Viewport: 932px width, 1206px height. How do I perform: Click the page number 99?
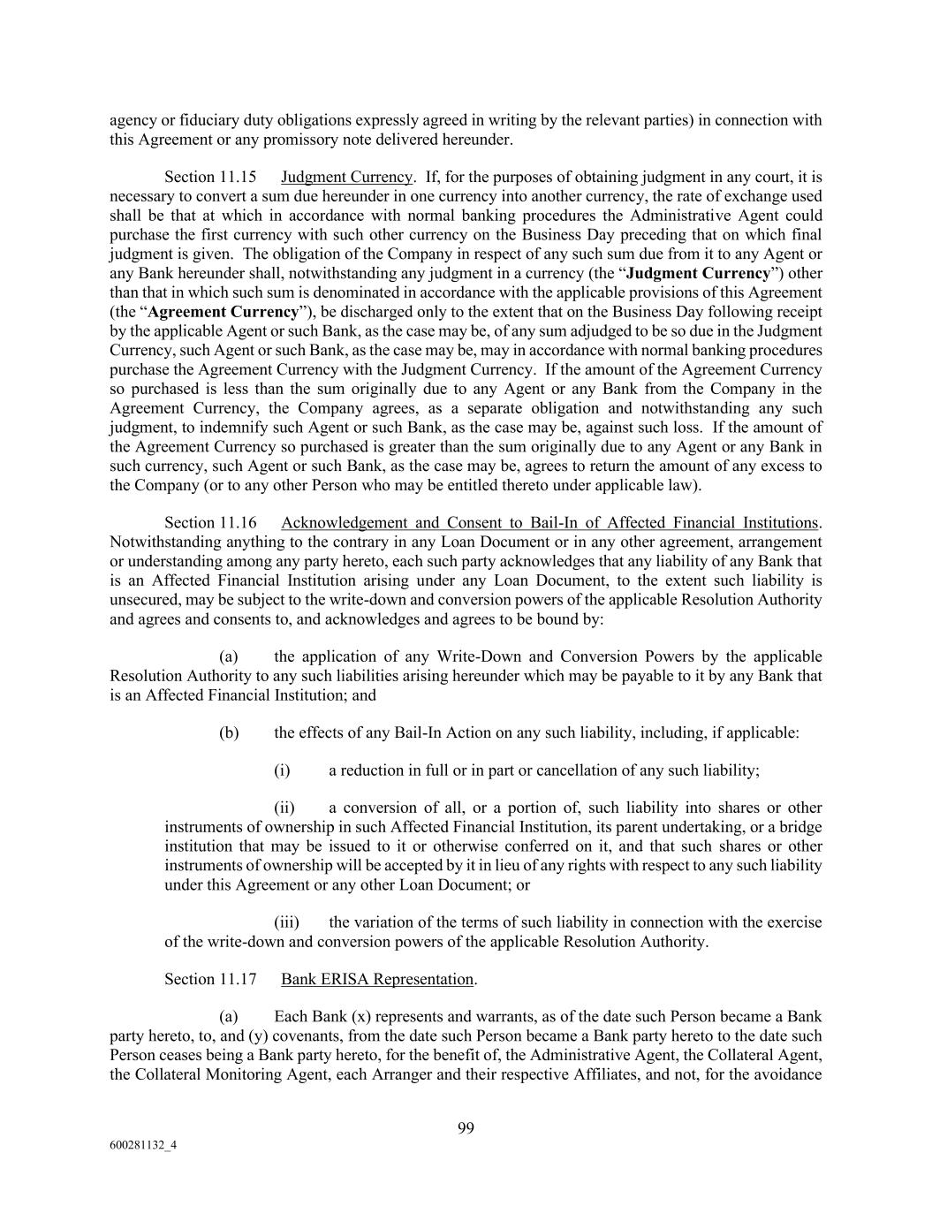[466, 1127]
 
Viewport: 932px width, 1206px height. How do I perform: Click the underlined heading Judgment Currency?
[346, 177]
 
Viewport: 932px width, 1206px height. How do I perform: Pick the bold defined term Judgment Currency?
[698, 273]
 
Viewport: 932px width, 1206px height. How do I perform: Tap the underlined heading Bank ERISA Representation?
[377, 979]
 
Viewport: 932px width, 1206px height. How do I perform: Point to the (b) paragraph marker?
[229, 732]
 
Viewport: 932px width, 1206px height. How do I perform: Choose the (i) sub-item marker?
[282, 770]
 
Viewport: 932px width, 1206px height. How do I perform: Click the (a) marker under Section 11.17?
[229, 1017]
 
